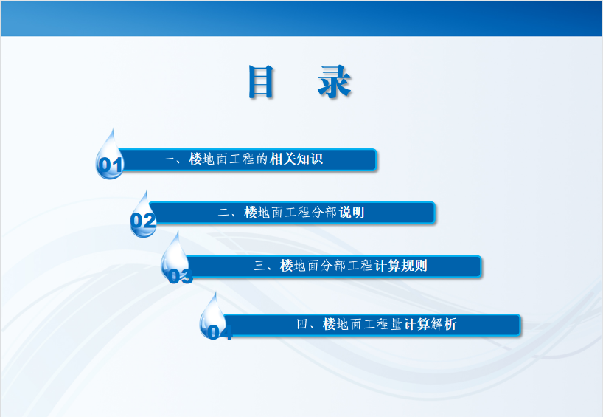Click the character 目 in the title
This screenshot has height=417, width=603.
pyautogui.click(x=261, y=81)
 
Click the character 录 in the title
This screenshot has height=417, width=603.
pyautogui.click(x=334, y=81)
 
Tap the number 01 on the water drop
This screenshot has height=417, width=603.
pyautogui.click(x=111, y=165)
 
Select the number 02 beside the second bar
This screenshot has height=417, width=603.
pyautogui.click(x=143, y=221)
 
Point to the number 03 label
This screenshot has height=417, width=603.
pyautogui.click(x=181, y=276)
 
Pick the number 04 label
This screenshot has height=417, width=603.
pyautogui.click(x=220, y=332)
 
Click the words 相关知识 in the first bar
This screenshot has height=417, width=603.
pyautogui.click(x=296, y=159)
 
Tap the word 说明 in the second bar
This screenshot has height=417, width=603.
pyautogui.click(x=351, y=212)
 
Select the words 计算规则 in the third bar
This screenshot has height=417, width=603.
pyautogui.click(x=400, y=265)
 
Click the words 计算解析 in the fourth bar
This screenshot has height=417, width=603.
pyautogui.click(x=431, y=324)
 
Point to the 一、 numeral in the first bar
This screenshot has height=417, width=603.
pyautogui.click(x=173, y=159)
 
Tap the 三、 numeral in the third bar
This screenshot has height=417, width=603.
pyautogui.click(x=265, y=266)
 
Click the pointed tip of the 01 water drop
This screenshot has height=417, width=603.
pyautogui.click(x=113, y=128)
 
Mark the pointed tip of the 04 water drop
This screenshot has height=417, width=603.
pyautogui.click(x=215, y=292)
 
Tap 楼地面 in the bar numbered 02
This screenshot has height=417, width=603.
pyautogui.click(x=264, y=212)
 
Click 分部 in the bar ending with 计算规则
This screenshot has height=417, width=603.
pyautogui.click(x=332, y=265)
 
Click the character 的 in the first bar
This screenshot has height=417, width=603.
pyautogui.click(x=262, y=159)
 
